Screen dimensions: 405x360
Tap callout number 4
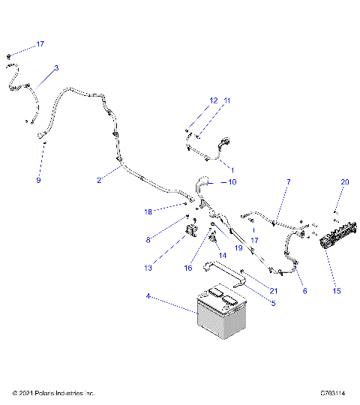click(x=148, y=298)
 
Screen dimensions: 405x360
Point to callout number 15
click(x=334, y=289)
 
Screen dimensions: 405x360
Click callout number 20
click(x=345, y=182)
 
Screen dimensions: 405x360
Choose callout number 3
click(x=56, y=67)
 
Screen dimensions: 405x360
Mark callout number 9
click(x=38, y=181)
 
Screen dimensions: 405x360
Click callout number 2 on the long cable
click(x=98, y=179)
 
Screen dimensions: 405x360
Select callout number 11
click(x=227, y=100)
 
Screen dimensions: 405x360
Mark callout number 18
click(x=148, y=212)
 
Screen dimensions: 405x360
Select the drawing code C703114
click(x=331, y=393)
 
